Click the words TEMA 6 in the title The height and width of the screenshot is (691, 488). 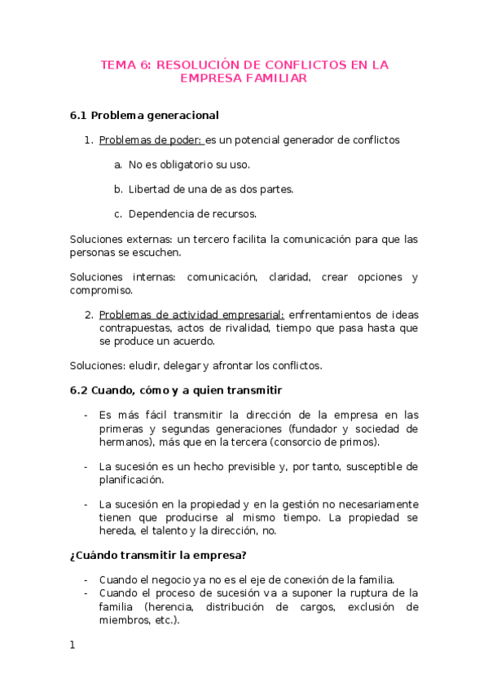[x=124, y=64]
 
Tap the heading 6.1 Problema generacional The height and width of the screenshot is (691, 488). [x=144, y=115]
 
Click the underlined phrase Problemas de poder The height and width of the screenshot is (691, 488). [x=151, y=140]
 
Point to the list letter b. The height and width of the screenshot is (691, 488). [x=118, y=189]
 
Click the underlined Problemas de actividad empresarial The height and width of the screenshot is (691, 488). [x=191, y=315]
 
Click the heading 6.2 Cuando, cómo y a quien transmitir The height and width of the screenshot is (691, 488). [x=176, y=390]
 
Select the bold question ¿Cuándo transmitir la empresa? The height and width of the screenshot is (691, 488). [x=158, y=557]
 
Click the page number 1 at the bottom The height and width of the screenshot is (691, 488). [x=73, y=645]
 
